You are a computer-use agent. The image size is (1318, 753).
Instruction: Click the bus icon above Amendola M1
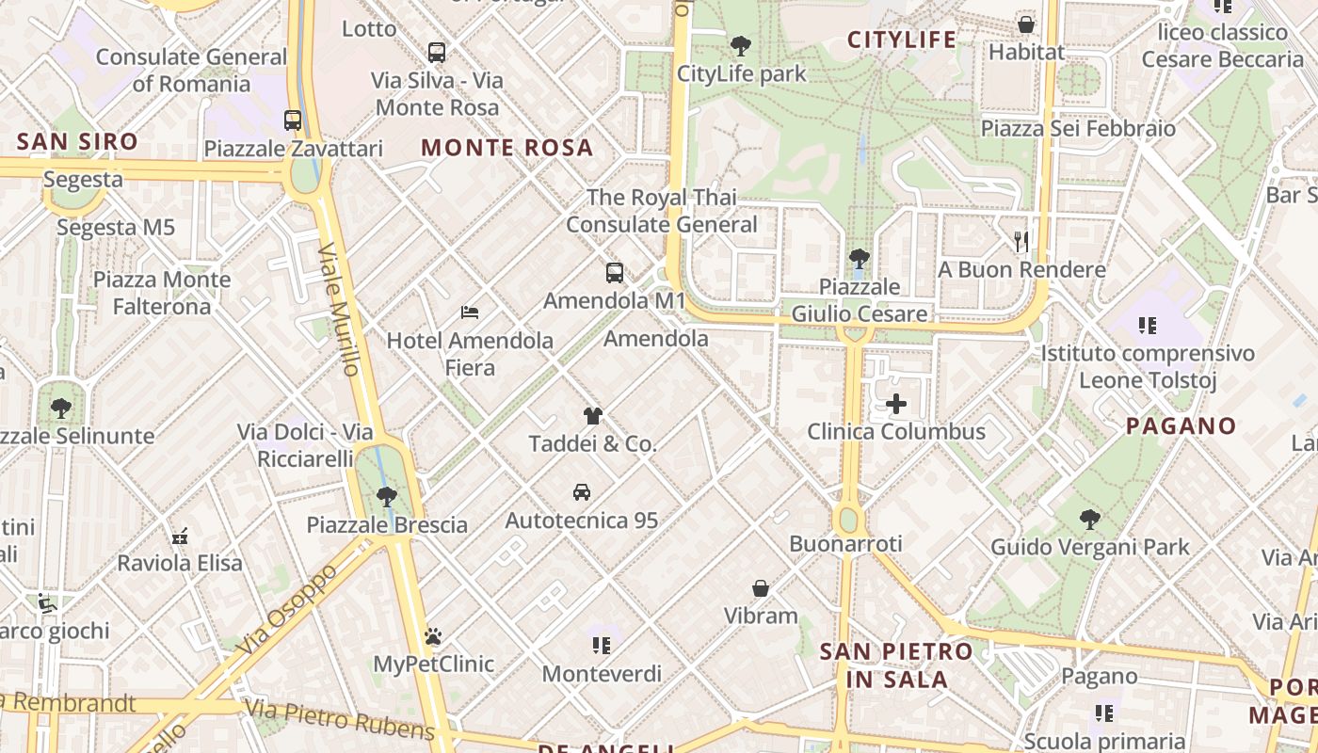(615, 273)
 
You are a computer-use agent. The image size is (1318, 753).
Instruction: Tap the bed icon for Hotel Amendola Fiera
(470, 312)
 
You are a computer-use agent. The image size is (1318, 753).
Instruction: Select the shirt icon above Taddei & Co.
(592, 415)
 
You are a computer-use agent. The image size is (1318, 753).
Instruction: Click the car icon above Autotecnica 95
(582, 492)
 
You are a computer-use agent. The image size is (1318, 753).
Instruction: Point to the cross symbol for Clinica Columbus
(896, 405)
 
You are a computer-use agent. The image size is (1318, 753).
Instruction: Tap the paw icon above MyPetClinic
(433, 636)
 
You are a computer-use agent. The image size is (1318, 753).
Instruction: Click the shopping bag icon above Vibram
(761, 588)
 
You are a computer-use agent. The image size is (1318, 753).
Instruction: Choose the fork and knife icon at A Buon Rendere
(1021, 242)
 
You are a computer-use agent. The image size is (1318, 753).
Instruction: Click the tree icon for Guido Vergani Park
(1089, 519)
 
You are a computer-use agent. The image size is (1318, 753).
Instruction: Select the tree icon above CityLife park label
(741, 45)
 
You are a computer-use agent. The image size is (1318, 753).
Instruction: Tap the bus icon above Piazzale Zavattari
(293, 120)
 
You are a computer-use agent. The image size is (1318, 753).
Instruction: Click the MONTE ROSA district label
(507, 148)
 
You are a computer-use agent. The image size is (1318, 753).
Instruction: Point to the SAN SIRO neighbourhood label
(78, 143)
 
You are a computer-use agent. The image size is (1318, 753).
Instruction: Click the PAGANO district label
(1181, 425)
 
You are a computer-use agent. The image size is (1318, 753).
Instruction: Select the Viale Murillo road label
(340, 310)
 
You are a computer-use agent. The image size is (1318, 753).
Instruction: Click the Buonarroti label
(845, 543)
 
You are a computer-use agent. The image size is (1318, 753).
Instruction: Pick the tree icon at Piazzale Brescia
(386, 496)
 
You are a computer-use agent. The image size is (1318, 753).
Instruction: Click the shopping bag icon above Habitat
(1026, 24)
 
